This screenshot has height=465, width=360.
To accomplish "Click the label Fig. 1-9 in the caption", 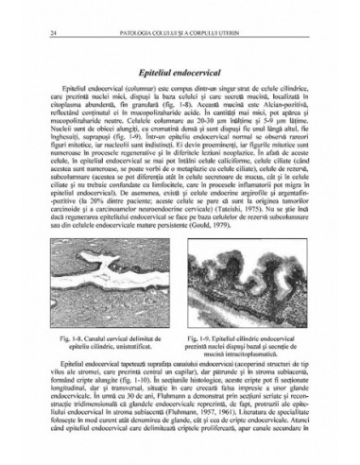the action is (205, 338).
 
